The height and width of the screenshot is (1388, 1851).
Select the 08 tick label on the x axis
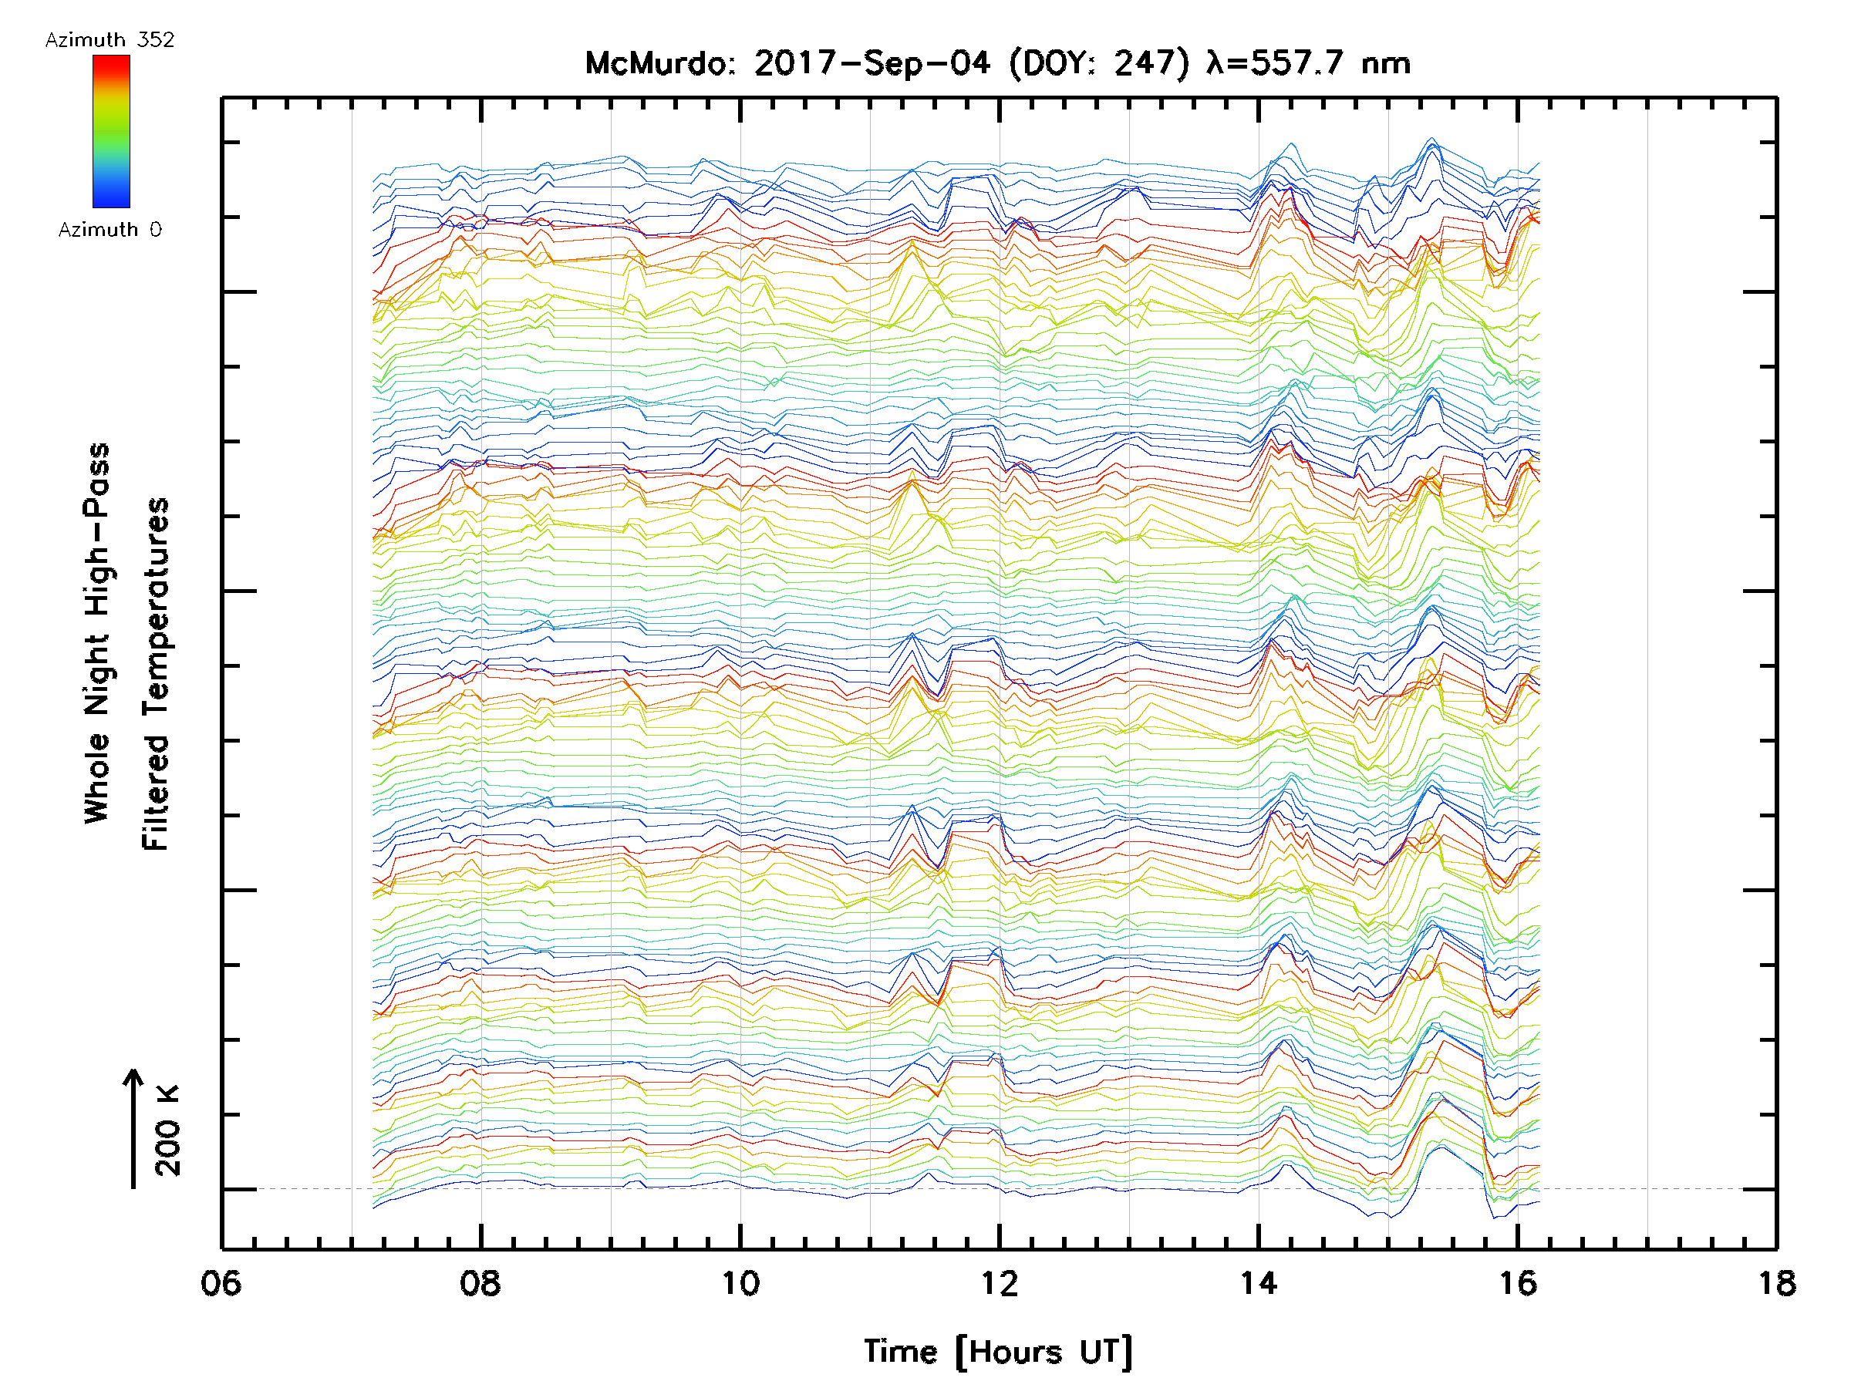tap(480, 1283)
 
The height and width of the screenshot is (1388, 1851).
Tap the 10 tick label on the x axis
tap(740, 1283)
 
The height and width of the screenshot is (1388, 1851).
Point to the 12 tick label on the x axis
tap(999, 1283)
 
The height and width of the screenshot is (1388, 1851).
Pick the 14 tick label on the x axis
tap(1258, 1283)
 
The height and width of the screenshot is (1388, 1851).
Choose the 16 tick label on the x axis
tap(1517, 1283)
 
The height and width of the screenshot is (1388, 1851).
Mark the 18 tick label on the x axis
tap(1775, 1283)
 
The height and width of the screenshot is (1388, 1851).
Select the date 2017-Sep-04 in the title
tap(872, 63)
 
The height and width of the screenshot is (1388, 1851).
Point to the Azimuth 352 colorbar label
tap(110, 40)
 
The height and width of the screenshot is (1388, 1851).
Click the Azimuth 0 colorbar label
tap(110, 229)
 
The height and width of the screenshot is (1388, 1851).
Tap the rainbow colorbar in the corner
tap(111, 131)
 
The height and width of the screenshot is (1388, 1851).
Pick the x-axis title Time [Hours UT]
tap(998, 1353)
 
